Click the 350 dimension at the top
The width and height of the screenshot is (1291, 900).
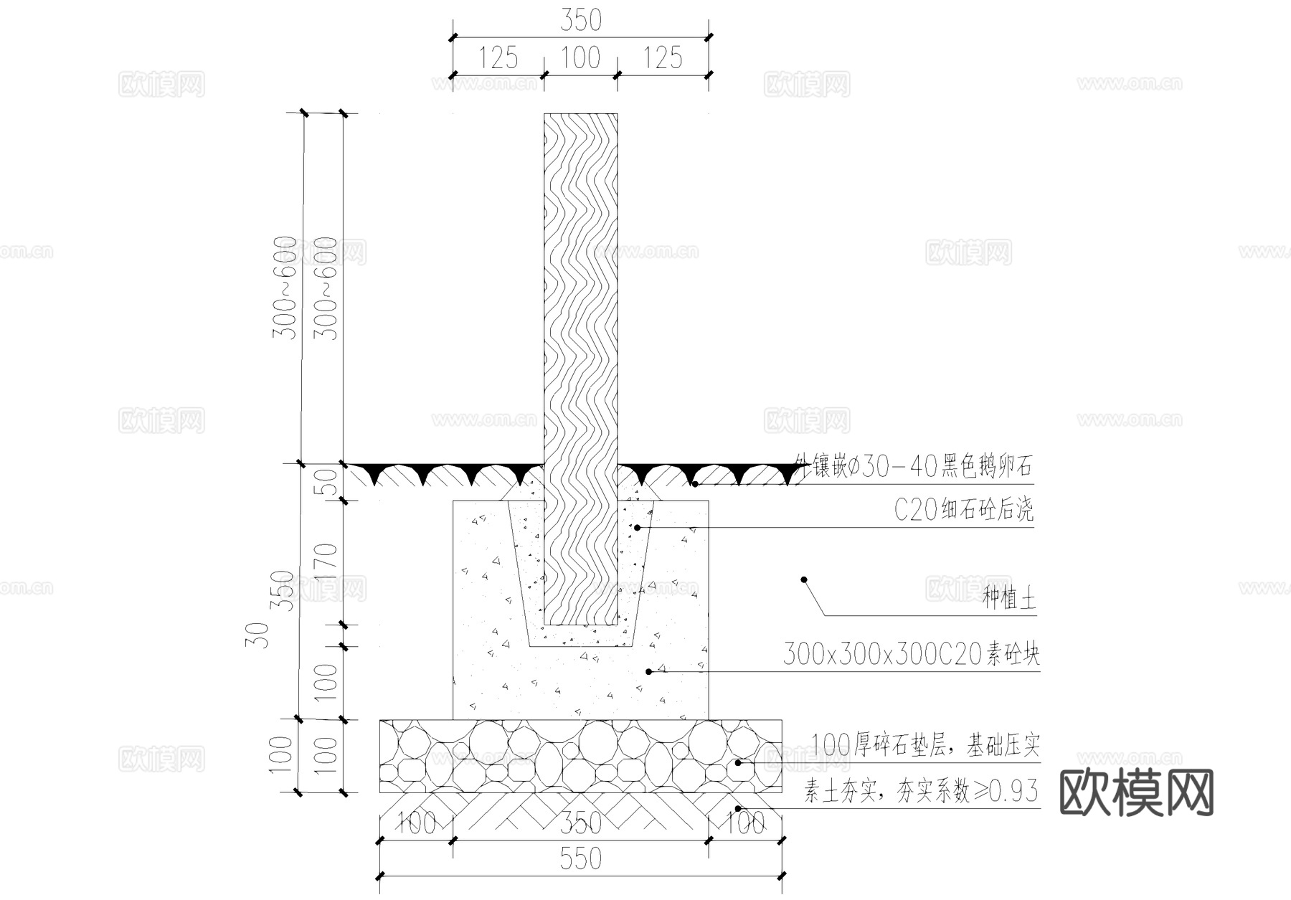pos(580,21)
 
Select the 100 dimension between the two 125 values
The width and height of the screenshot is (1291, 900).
pos(580,58)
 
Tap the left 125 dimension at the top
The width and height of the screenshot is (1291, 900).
pos(498,58)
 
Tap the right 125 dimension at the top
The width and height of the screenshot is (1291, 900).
pos(663,58)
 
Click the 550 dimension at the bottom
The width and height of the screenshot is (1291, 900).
pos(580,858)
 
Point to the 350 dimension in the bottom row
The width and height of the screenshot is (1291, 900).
pos(580,823)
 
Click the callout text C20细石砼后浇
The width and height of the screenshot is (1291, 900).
pos(963,510)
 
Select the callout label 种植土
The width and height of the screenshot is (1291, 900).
pos(1009,599)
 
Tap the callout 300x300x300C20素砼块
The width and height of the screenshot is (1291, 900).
pos(910,654)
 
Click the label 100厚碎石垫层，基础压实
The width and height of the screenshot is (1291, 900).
pos(925,746)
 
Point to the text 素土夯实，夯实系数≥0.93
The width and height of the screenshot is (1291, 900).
pos(920,792)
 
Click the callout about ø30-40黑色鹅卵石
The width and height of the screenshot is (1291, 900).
pos(913,467)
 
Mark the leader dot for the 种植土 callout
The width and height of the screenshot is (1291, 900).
pos(804,579)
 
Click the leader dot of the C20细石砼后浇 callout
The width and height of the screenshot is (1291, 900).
pos(637,528)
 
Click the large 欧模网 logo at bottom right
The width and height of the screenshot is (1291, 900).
pos(1136,793)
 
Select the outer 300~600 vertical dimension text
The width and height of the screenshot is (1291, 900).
pos(285,287)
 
